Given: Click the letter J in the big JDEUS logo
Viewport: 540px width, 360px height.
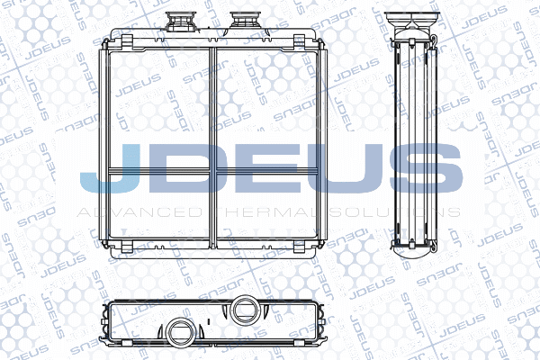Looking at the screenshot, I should pyautogui.click(x=110, y=169).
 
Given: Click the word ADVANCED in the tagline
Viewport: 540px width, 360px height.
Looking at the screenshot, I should pyautogui.click(x=139, y=211).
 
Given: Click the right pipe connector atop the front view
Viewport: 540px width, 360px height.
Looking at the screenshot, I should pyautogui.click(x=242, y=21).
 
